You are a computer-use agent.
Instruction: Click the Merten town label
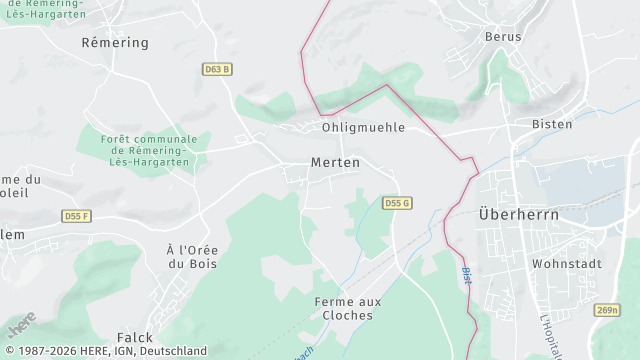[335, 162]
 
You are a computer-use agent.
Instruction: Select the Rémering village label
[115, 43]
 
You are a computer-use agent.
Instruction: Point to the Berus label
[503, 37]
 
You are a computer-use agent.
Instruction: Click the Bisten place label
[552, 124]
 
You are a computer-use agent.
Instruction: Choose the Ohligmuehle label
[363, 128]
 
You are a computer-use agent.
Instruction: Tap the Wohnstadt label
[564, 265]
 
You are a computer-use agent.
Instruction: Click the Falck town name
[134, 338]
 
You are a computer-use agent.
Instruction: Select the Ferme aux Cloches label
[343, 308]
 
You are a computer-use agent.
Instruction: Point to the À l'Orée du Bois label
[191, 256]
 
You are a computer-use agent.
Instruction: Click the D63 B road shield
[217, 70]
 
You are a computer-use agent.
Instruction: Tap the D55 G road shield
[397, 203]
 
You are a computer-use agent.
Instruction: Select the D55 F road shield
[77, 216]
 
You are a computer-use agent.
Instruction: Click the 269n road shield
[607, 311]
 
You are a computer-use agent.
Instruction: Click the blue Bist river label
[466, 276]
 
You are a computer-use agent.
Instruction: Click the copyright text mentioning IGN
[104, 351]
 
